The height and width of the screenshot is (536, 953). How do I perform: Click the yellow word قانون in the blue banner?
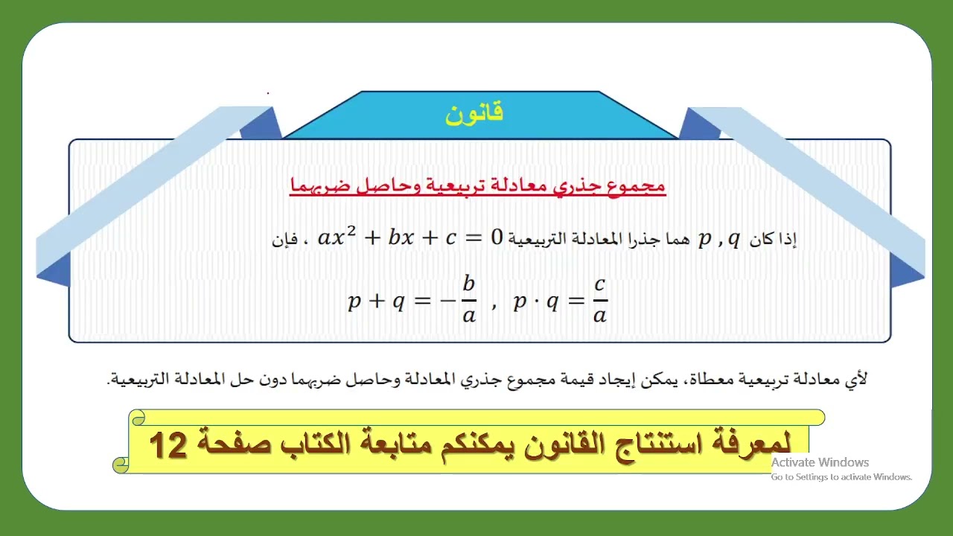click(x=474, y=113)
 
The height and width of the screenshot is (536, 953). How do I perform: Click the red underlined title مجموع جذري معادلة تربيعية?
click(x=477, y=185)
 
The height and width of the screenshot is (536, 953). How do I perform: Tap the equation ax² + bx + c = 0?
click(x=411, y=238)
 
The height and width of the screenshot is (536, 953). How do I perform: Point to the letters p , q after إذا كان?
click(x=719, y=239)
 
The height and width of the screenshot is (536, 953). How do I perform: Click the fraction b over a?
click(x=468, y=299)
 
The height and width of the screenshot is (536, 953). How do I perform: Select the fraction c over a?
click(x=600, y=299)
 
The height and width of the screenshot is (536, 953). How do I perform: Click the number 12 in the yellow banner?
click(x=168, y=445)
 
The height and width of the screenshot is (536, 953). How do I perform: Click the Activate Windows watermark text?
click(x=820, y=462)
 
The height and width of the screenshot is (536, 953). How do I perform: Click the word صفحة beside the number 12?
click(x=231, y=444)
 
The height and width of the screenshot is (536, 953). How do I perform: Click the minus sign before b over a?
click(x=447, y=301)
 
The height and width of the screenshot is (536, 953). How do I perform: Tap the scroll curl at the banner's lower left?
click(x=121, y=465)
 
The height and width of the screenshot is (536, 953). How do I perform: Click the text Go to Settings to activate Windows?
click(x=841, y=477)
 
